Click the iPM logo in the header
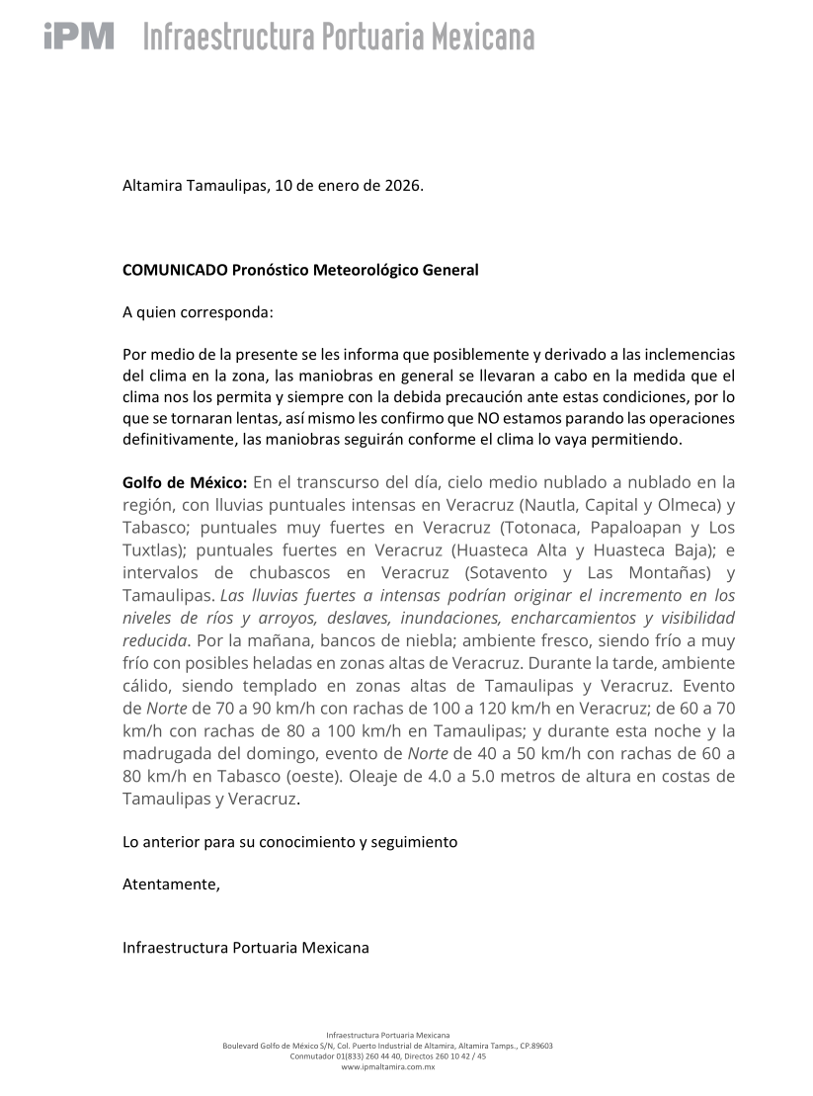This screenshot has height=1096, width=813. coord(79,37)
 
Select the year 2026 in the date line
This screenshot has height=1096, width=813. coord(400,186)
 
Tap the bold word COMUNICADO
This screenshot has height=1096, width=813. coord(175,270)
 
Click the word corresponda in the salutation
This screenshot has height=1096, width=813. coord(227,312)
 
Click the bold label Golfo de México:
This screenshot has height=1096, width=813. coord(185,483)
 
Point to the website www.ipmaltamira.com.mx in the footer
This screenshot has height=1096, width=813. coord(387,1067)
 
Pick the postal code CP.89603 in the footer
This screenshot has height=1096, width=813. coord(534,1046)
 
